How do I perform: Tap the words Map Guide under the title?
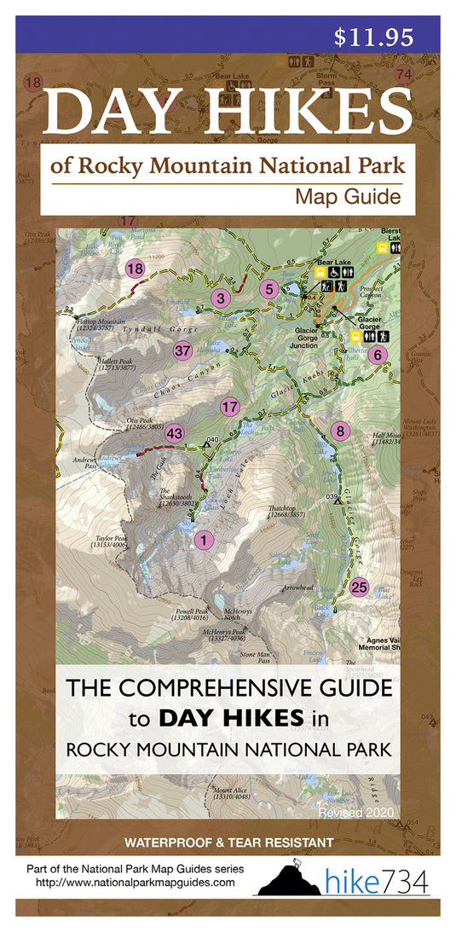point(347,197)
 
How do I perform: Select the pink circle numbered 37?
point(182,350)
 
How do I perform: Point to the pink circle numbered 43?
point(174,433)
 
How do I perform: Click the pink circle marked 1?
point(203,540)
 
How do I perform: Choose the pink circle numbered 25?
point(359,587)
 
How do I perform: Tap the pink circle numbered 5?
point(269,289)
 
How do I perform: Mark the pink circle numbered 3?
point(221,298)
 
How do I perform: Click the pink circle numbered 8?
point(340,431)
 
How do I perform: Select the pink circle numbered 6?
point(379,355)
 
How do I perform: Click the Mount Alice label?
point(231,794)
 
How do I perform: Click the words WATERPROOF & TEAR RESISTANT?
point(228,842)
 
